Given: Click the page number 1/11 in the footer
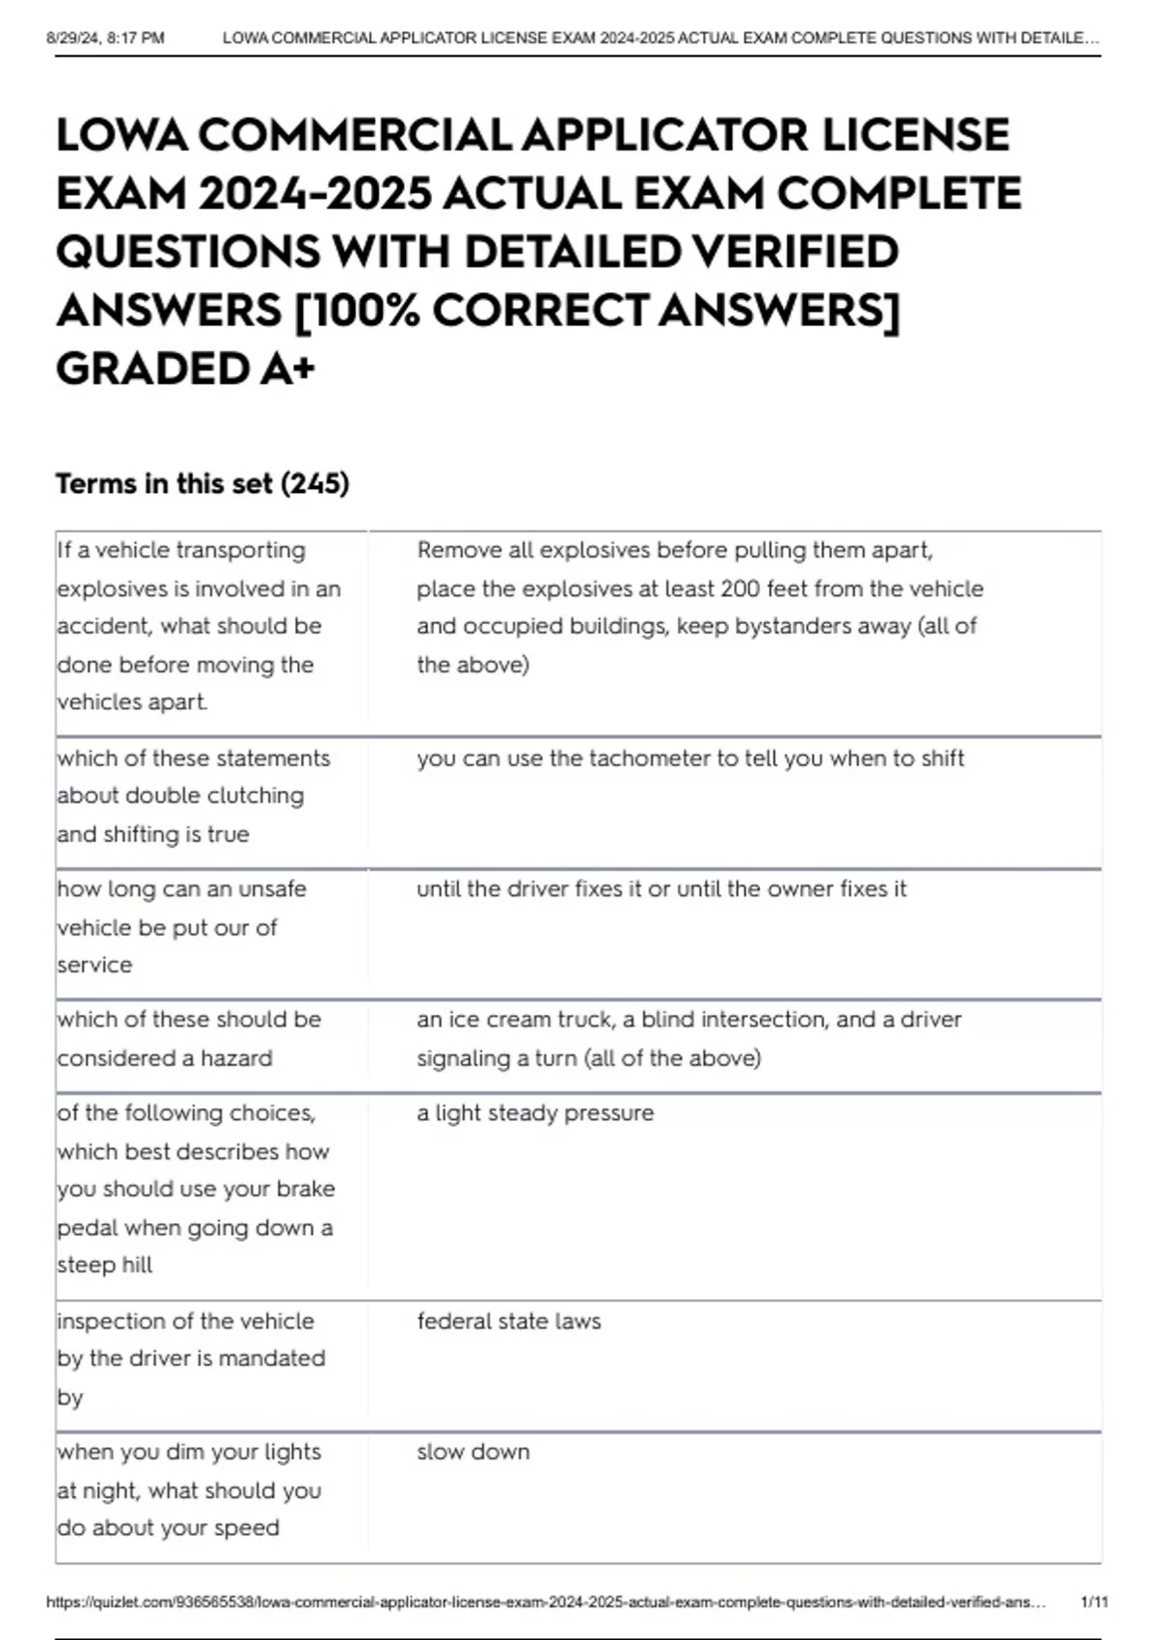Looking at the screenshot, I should (x=1094, y=1602).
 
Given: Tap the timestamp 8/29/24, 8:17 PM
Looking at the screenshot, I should (x=105, y=39).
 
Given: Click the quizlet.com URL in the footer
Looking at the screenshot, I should (x=545, y=1602).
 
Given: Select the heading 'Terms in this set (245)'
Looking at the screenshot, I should (x=202, y=483).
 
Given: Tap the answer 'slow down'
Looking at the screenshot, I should (x=472, y=1452).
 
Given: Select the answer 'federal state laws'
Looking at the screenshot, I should (x=508, y=1321).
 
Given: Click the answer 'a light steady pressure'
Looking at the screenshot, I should (x=535, y=1113).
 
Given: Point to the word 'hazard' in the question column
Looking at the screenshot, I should (x=236, y=1058).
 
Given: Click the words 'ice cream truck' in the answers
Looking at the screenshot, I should (x=528, y=1020).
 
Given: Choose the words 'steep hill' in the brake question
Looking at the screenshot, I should (x=104, y=1265).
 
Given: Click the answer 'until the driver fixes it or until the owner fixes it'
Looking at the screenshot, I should (x=661, y=888).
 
